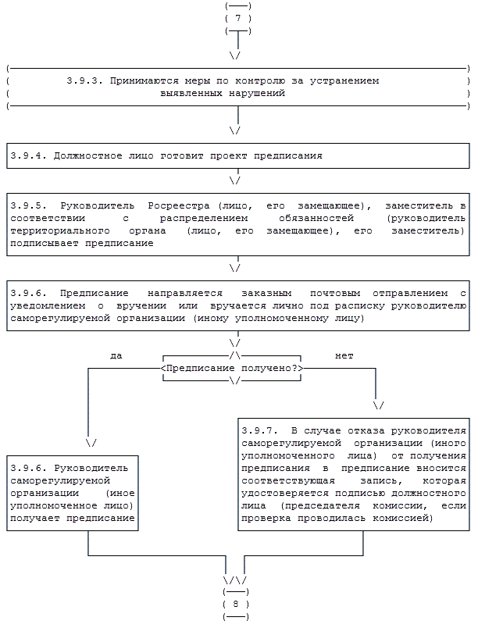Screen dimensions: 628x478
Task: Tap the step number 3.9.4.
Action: (28, 156)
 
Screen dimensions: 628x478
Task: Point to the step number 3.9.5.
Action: (28, 205)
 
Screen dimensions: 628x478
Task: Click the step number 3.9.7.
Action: (259, 430)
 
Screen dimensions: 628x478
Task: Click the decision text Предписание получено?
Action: (232, 368)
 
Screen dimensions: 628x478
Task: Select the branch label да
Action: (116, 355)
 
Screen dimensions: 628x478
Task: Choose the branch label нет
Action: (344, 355)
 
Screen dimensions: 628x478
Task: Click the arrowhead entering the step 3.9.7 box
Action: (379, 406)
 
